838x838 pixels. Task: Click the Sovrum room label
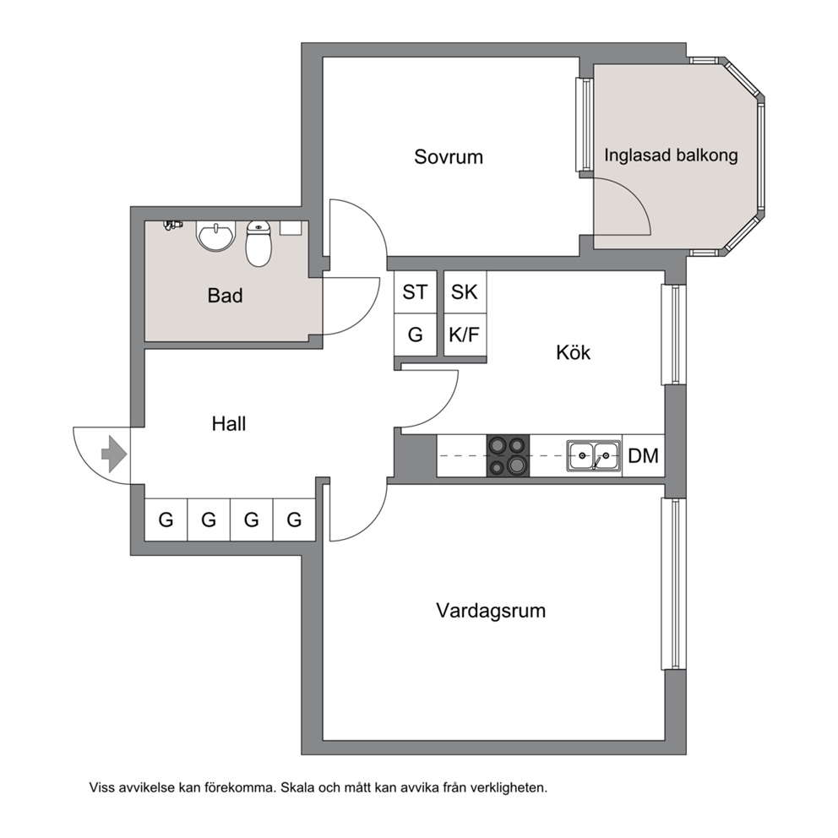click(x=449, y=157)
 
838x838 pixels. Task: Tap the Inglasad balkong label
click(x=671, y=155)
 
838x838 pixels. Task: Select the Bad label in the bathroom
click(x=225, y=296)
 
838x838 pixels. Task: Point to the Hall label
click(x=229, y=424)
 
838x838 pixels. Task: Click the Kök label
click(x=573, y=353)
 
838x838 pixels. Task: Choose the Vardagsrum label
click(x=491, y=611)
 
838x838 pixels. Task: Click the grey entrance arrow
click(x=114, y=454)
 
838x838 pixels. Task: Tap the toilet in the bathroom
click(x=258, y=243)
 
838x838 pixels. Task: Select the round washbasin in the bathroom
click(x=216, y=236)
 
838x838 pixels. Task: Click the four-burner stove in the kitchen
click(x=508, y=455)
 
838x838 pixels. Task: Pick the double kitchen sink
click(x=594, y=456)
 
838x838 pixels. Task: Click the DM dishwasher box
click(x=644, y=455)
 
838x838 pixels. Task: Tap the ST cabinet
click(x=416, y=291)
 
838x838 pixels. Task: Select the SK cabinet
click(x=465, y=291)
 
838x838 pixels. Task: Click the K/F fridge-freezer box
click(x=465, y=335)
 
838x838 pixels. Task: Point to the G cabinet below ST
click(x=416, y=335)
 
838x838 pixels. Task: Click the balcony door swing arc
click(x=636, y=197)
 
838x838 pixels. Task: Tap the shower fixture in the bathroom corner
click(x=172, y=225)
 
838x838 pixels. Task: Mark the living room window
click(x=673, y=584)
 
